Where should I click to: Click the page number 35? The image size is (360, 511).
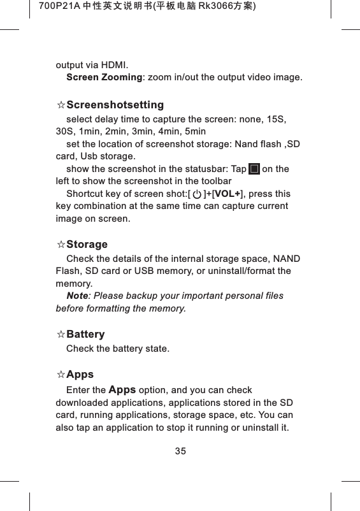[x=180, y=451]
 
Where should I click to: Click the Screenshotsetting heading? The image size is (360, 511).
[x=115, y=104]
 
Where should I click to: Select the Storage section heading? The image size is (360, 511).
[x=87, y=245]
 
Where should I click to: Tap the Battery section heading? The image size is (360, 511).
[x=85, y=335]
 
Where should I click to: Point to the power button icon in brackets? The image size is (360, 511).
[x=197, y=194]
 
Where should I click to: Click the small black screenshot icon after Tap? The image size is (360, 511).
[x=254, y=169]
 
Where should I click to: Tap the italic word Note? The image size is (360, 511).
[x=77, y=296]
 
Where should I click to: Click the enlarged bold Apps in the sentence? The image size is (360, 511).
[x=122, y=389]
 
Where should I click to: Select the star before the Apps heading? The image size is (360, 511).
[x=61, y=374]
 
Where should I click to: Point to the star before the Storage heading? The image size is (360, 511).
[x=61, y=245]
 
